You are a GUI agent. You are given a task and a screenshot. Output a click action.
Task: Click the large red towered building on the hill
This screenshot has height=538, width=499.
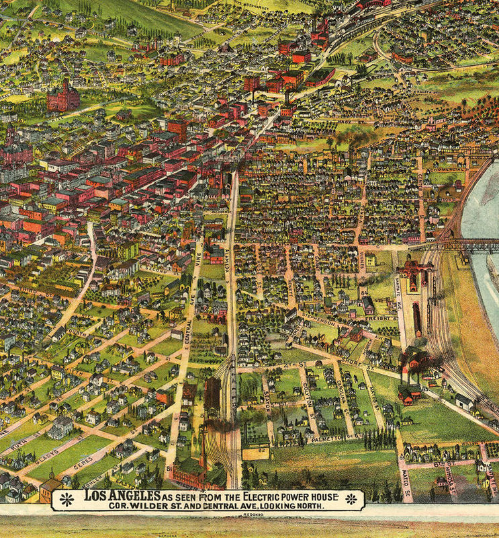(62, 95)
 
